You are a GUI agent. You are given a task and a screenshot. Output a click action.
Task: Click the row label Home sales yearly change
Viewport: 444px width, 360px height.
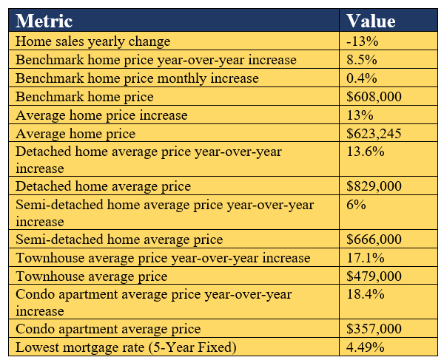(92, 41)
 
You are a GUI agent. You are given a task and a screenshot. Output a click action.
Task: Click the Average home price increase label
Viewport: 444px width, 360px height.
(101, 115)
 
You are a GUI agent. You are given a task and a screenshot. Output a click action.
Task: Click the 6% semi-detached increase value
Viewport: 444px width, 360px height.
(356, 204)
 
